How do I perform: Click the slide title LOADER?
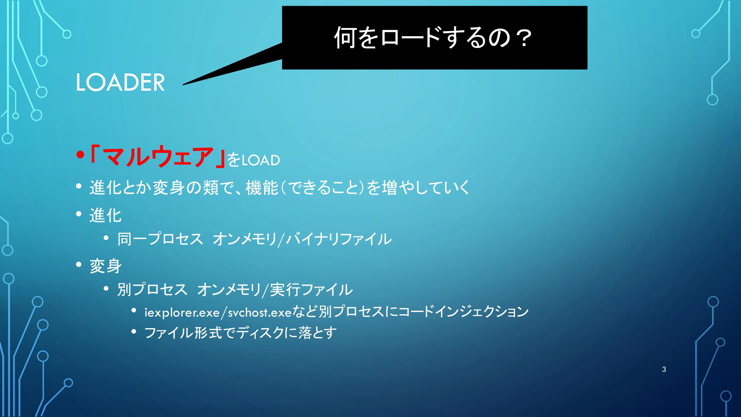[120, 82]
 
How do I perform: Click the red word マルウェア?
[158, 157]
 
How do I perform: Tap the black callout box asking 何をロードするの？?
[435, 37]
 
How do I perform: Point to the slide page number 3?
[664, 370]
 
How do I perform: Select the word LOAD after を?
[261, 160]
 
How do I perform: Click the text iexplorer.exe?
[182, 312]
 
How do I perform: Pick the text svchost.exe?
[260, 312]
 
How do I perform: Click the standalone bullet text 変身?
[106, 266]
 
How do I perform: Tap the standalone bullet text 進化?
[106, 215]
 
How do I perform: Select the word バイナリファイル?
[338, 239]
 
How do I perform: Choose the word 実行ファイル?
[311, 290]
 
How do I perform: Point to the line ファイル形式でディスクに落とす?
[240, 333]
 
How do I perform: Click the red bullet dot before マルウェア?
[80, 155]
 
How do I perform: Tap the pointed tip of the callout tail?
[183, 85]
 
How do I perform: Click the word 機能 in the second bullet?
[262, 188]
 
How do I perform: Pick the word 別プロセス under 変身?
[152, 290]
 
